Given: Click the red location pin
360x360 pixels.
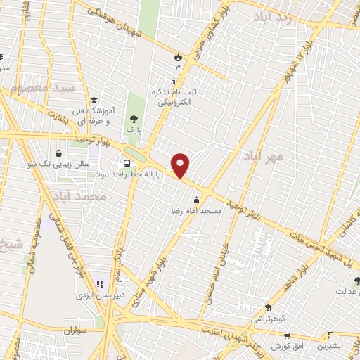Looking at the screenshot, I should tap(181, 165).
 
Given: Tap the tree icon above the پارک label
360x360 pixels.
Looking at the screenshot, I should tap(134, 119).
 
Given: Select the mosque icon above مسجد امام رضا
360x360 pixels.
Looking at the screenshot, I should tap(206, 200).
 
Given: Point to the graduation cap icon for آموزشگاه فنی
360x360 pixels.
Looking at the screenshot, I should tap(94, 100).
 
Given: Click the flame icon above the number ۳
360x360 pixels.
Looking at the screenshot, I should tap(178, 57).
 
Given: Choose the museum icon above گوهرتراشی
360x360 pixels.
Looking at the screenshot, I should tap(268, 308).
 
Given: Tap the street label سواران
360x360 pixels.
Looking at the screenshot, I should tap(72, 329).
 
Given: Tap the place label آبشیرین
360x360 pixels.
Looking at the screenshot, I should tap(330, 345).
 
